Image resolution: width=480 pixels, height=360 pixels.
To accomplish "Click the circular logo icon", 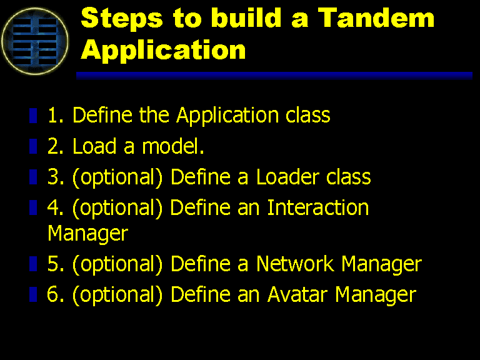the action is click(35, 41).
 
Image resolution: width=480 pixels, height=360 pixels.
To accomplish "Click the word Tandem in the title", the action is click(376, 17).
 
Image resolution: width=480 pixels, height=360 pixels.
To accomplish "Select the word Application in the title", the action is click(163, 50).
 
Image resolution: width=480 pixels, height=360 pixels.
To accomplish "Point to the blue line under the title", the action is click(274, 76).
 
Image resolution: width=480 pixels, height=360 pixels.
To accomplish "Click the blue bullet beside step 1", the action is click(33, 116).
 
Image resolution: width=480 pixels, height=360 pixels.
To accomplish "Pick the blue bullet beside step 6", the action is click(33, 294).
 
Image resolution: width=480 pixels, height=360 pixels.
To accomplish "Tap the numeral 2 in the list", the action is click(54, 146).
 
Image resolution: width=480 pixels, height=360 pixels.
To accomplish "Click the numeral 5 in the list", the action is click(54, 264).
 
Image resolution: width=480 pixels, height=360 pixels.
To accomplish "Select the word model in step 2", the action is click(172, 146).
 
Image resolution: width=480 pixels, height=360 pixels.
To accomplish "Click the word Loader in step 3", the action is click(287, 177).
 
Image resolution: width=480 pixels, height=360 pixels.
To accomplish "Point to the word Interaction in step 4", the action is click(318, 207).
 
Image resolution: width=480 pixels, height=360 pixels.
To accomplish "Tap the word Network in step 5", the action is click(295, 264).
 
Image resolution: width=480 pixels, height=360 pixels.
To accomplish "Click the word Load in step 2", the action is click(94, 146).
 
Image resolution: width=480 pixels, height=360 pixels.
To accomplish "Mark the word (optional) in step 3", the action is click(117, 177).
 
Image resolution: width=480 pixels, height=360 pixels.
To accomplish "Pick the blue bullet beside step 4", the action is click(33, 207).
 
